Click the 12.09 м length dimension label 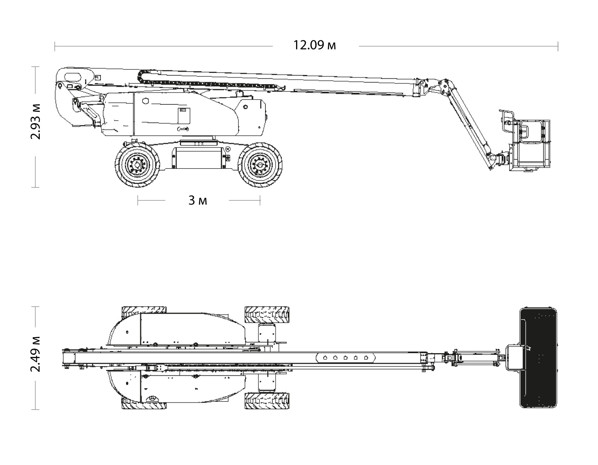tap(314, 45)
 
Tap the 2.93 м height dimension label tap(36, 121)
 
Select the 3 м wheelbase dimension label tap(198, 201)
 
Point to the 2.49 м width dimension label tap(36, 354)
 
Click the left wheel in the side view tap(137, 165)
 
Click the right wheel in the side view tap(260, 165)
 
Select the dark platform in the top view tap(539, 358)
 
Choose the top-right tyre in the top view tap(267, 314)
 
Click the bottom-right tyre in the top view tap(267, 401)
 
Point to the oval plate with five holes tap(345, 358)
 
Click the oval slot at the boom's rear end tap(73, 76)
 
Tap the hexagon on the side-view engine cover tap(146, 101)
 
